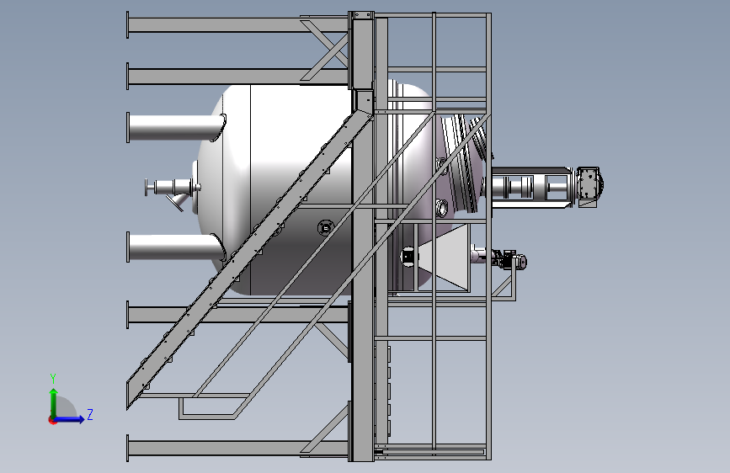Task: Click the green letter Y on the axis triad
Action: pyautogui.click(x=53, y=379)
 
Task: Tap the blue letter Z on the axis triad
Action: pyautogui.click(x=90, y=414)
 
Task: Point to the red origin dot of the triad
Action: pyautogui.click(x=52, y=420)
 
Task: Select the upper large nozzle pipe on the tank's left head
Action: pyautogui.click(x=176, y=127)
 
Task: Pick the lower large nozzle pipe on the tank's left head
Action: pyautogui.click(x=176, y=247)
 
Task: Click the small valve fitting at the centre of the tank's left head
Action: pyautogui.click(x=173, y=189)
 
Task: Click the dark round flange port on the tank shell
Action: pyautogui.click(x=325, y=228)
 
